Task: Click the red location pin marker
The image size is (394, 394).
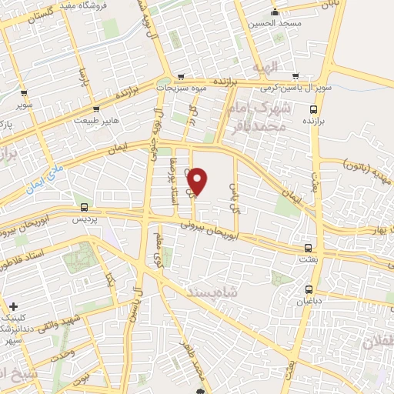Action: coord(198,182)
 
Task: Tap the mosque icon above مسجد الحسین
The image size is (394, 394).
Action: coord(275,11)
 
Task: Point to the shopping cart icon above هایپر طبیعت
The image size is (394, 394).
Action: coord(96,109)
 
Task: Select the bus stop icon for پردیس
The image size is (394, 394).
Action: coord(84,207)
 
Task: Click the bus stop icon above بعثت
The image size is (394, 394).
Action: coord(309,248)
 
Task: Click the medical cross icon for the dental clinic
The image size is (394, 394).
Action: coord(13,306)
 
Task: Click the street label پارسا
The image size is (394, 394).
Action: coord(82,77)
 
